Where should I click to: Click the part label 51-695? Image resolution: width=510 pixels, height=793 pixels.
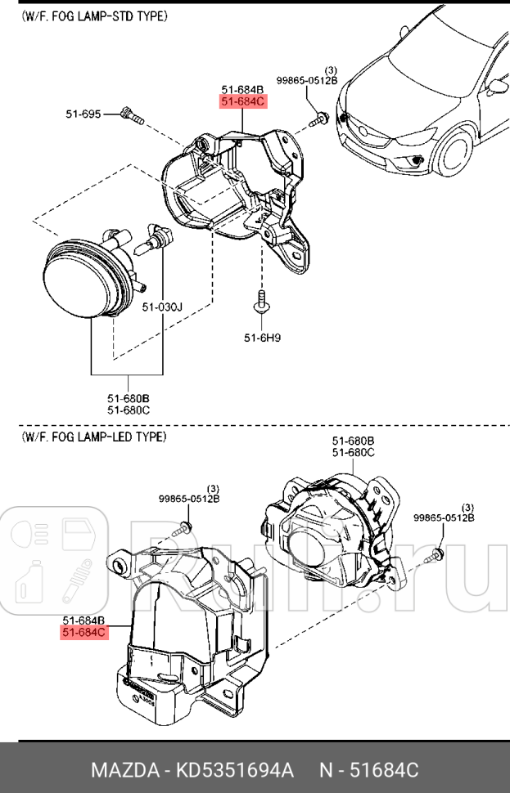83,114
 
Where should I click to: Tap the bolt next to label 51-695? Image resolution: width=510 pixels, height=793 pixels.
131,115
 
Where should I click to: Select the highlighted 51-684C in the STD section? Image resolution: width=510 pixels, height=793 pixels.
242,102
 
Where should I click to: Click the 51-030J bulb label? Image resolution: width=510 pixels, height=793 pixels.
162,307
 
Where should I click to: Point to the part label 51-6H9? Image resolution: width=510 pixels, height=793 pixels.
262,337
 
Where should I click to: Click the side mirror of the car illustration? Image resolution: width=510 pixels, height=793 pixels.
497,84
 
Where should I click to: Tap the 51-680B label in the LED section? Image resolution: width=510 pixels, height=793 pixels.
353,441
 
